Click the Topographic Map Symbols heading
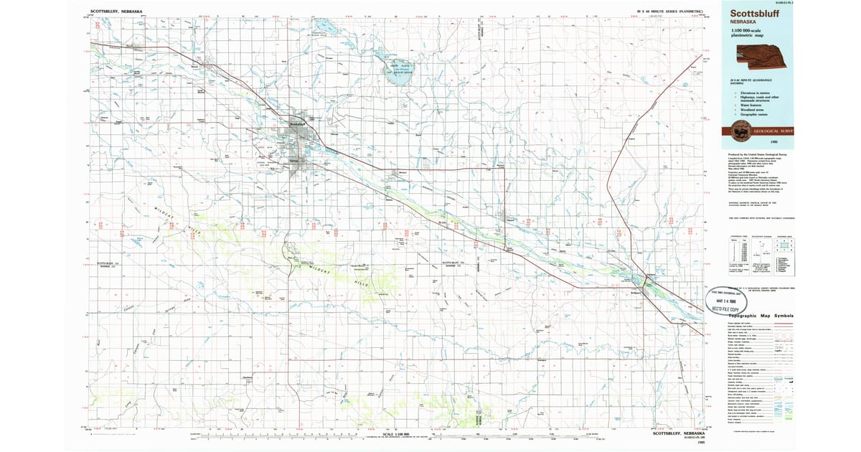(761, 316)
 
